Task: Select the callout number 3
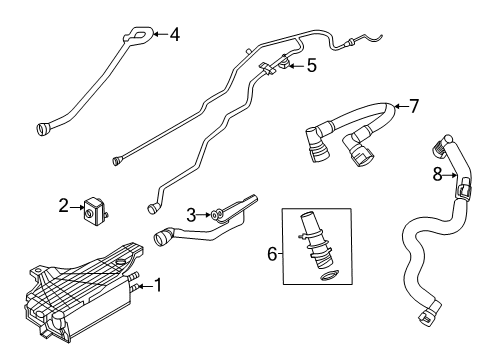191,213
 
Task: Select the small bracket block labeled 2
95,208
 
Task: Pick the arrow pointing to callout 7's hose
401,105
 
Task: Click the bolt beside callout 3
214,213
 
